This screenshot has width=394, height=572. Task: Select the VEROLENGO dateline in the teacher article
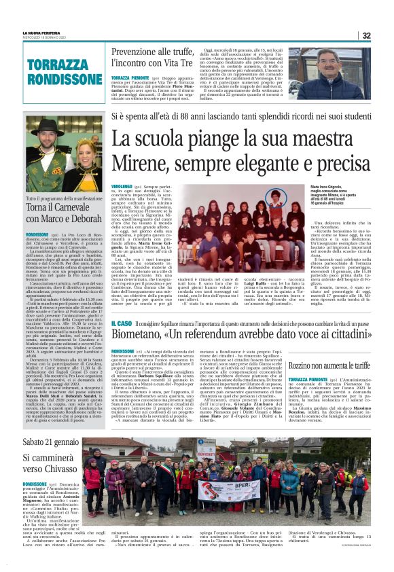coord(121,185)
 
